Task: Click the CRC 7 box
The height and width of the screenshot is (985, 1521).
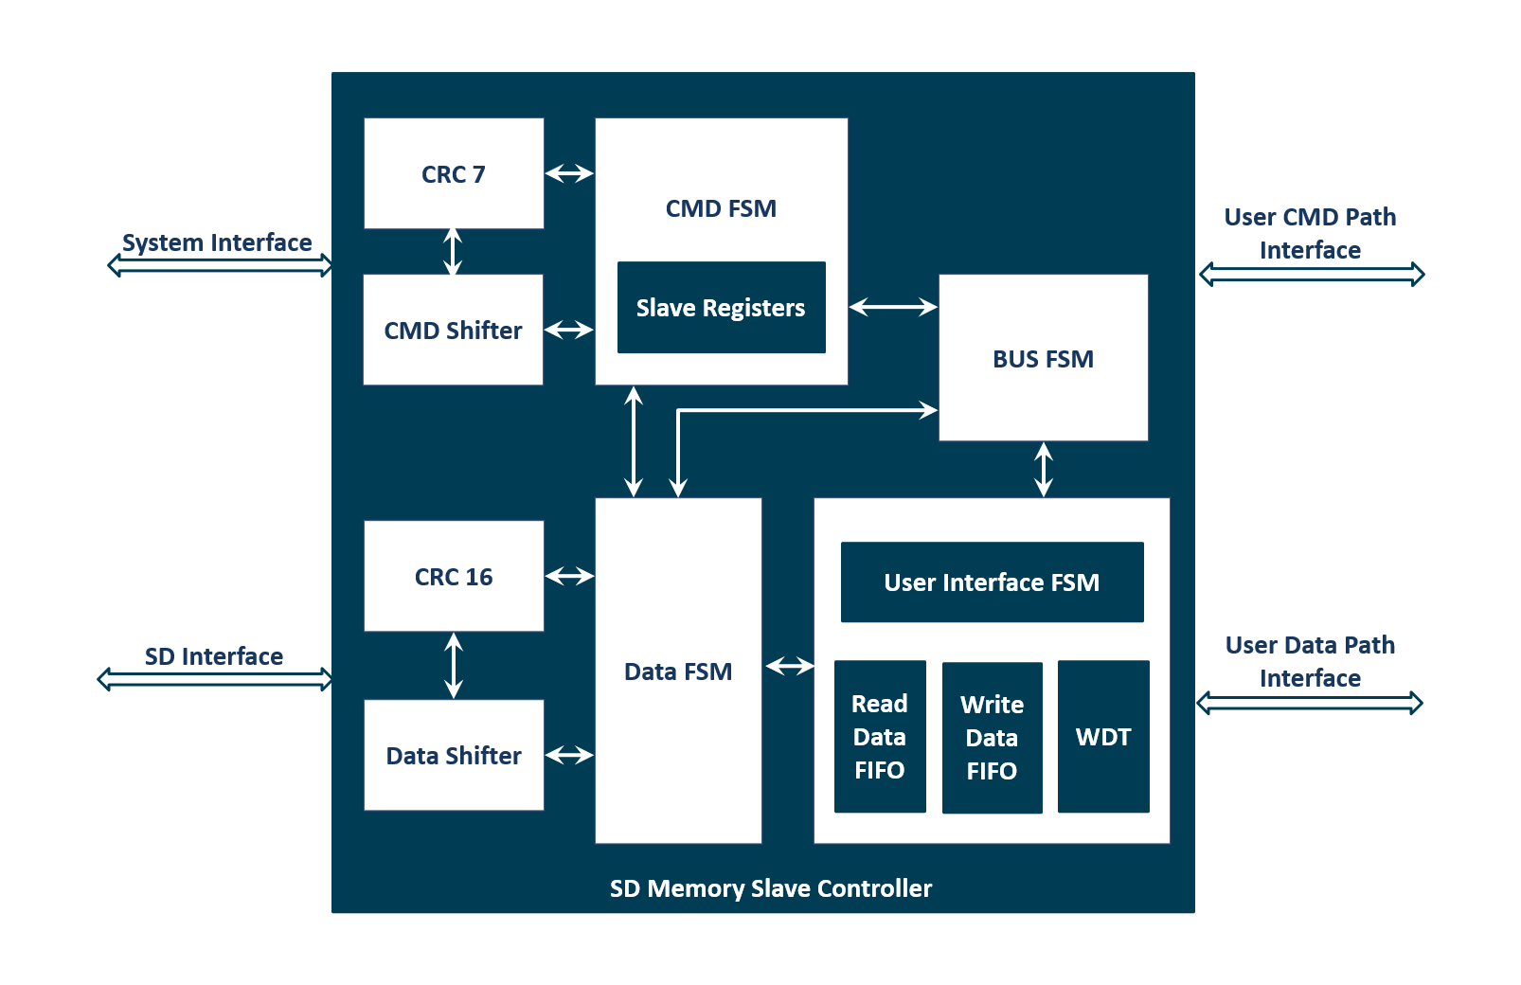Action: click(x=454, y=173)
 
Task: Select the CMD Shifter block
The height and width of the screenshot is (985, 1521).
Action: click(x=453, y=330)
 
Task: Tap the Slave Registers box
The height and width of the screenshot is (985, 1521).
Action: click(x=721, y=308)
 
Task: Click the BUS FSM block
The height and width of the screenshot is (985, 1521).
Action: click(x=1043, y=358)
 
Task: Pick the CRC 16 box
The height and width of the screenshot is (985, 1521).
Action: click(x=454, y=576)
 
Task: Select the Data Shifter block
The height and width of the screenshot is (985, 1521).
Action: click(x=454, y=755)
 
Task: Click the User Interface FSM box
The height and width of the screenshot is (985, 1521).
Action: click(x=992, y=582)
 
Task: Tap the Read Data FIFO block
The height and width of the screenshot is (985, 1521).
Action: click(x=880, y=736)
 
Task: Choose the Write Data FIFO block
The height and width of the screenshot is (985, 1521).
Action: click(x=992, y=737)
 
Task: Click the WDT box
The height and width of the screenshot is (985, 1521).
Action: click(x=1103, y=736)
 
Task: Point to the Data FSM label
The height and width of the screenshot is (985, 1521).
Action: click(x=678, y=672)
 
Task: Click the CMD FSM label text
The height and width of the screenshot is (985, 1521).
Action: click(x=721, y=208)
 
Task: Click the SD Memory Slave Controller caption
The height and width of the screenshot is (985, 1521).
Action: click(x=770, y=888)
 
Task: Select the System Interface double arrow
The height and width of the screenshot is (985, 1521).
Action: click(x=221, y=265)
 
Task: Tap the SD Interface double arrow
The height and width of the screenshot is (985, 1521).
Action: click(x=216, y=679)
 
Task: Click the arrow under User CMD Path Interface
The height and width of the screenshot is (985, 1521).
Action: click(x=1312, y=275)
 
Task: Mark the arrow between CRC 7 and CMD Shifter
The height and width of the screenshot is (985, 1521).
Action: click(x=453, y=251)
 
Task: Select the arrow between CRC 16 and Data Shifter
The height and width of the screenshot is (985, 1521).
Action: click(x=454, y=665)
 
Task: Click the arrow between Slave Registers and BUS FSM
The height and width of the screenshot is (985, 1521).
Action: click(x=893, y=307)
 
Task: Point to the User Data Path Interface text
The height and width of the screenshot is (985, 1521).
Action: click(x=1310, y=661)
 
